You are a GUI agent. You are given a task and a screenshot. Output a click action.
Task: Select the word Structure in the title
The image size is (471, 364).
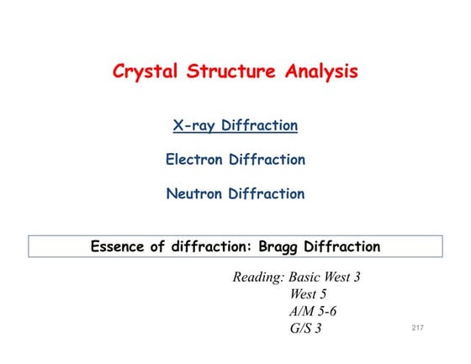click(232, 71)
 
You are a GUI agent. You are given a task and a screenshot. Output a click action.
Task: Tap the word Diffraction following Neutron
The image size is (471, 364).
click(269, 193)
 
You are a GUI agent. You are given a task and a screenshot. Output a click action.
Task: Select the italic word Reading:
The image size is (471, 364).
click(258, 277)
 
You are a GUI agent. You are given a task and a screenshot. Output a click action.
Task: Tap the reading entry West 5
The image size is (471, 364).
click(308, 294)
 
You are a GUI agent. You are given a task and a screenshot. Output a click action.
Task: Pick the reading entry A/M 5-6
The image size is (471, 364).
click(313, 311)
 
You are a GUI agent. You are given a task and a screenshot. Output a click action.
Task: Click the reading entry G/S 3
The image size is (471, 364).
click(305, 328)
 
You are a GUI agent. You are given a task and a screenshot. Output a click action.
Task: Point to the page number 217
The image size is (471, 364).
click(418, 326)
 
